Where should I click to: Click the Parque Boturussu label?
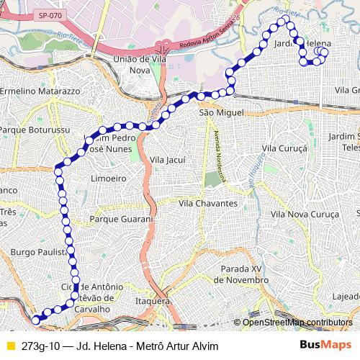[x=35, y=130]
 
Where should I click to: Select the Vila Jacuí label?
[x=167, y=159]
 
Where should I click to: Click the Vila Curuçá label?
[x=285, y=148]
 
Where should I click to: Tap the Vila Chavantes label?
[x=208, y=204]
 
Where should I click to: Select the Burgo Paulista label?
[x=40, y=253]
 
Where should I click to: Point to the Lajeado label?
[x=346, y=295]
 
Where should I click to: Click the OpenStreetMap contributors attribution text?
[x=297, y=322]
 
